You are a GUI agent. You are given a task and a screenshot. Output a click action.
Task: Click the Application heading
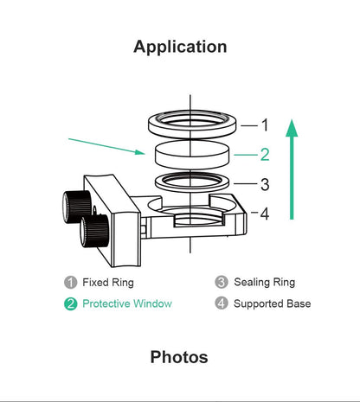pos(180,47)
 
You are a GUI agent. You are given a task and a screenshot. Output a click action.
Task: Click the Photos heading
pos(179,356)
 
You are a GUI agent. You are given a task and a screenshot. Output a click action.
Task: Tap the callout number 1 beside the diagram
pos(265,124)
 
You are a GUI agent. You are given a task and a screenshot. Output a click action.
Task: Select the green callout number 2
pos(265,155)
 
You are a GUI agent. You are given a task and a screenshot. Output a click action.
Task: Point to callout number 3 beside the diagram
pos(265,184)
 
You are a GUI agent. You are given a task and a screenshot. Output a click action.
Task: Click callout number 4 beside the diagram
pos(265,213)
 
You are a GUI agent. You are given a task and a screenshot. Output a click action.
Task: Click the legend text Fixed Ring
pos(108,282)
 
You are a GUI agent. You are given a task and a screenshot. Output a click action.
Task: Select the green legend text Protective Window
pos(126,303)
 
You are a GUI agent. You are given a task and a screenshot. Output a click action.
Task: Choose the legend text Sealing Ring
pos(264,282)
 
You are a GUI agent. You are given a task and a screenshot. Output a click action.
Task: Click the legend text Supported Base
pos(272,303)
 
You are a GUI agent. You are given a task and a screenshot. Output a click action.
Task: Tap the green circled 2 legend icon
pos(71,303)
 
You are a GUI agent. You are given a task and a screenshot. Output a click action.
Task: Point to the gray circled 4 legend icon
pos(221,303)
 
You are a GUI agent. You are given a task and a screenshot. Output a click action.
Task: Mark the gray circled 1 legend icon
pos(71,282)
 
